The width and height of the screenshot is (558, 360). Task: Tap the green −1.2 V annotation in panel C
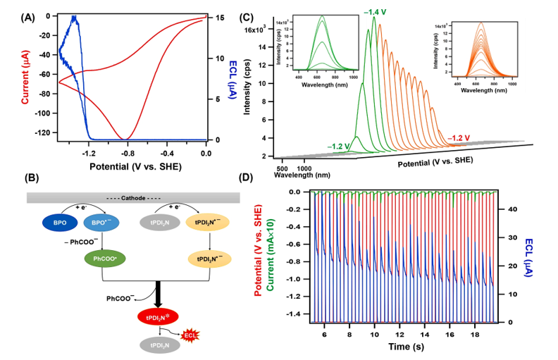tap(339, 146)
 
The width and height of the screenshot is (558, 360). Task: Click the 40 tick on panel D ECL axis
tap(512, 209)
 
